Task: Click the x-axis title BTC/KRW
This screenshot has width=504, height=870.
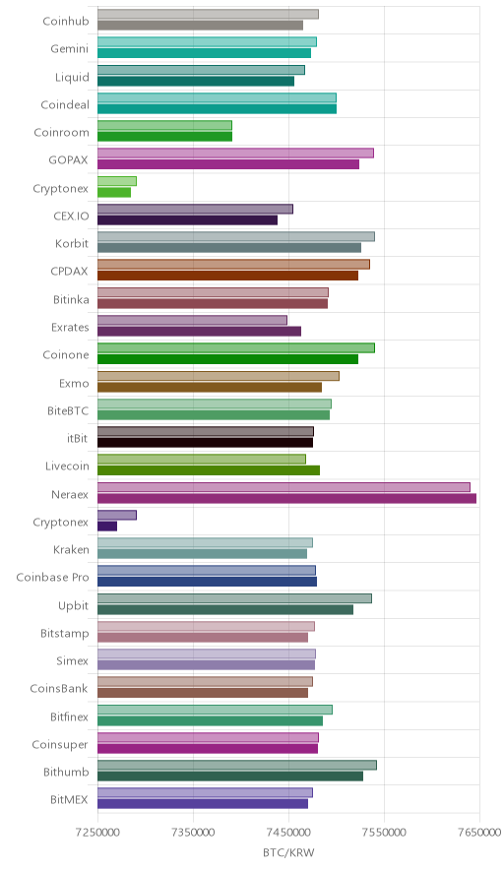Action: [288, 853]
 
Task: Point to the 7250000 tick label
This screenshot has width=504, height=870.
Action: [97, 833]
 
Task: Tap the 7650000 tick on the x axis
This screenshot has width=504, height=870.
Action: [479, 833]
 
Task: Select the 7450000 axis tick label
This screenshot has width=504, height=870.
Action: [288, 833]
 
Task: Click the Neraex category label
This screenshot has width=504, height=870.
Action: [69, 494]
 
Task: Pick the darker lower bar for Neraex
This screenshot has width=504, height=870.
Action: [287, 498]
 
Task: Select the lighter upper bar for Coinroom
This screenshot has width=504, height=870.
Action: [164, 125]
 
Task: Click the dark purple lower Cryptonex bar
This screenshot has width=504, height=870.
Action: [107, 526]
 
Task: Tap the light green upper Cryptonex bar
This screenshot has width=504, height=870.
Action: [117, 181]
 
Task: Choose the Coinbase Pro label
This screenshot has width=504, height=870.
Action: [52, 577]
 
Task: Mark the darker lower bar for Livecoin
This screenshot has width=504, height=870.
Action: [209, 470]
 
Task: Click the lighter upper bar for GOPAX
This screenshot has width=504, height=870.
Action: [235, 154]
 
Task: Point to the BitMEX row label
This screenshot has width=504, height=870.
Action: [69, 799]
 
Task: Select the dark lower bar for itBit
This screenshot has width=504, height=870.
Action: [206, 443]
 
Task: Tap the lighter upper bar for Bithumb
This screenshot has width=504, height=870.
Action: [237, 765]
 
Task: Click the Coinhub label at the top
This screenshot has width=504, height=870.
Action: [66, 22]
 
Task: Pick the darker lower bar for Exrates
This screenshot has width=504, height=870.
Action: [199, 332]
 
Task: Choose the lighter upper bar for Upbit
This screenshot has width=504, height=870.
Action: [235, 598]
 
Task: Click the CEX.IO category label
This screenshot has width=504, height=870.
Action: [71, 216]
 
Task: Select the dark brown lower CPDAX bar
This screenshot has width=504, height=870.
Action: [227, 276]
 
